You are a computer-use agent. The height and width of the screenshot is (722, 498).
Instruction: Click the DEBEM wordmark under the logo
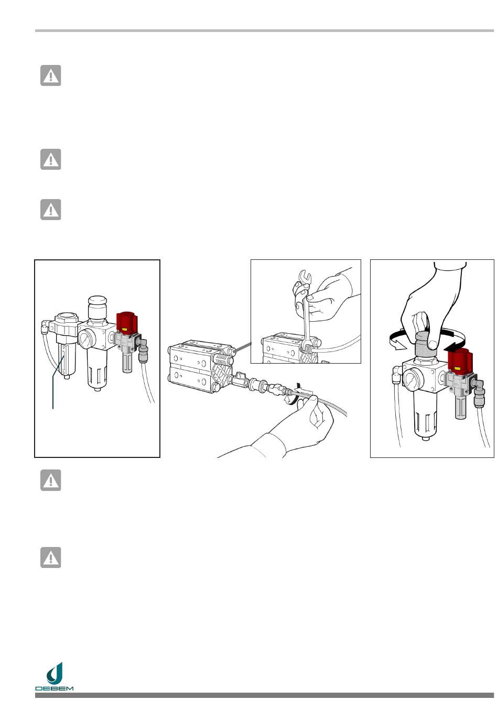pos(54,688)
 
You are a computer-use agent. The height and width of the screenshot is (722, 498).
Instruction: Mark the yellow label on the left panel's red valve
pos(125,330)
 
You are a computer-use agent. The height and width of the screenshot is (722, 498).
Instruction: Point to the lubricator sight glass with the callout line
pos(64,357)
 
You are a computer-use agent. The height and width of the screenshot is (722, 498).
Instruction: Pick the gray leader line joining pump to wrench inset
pos(243,346)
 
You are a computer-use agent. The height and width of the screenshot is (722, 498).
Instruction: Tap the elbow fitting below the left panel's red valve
pos(142,347)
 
